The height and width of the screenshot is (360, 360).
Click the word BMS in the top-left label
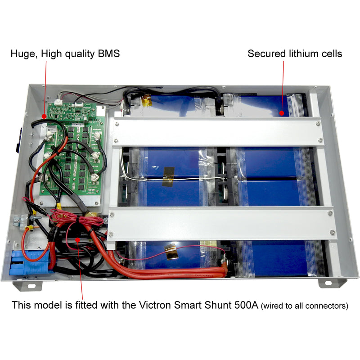pyautogui.click(x=109, y=54)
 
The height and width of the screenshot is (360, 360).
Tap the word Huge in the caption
pyautogui.click(x=23, y=54)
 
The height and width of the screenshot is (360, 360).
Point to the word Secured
pyautogui.click(x=266, y=54)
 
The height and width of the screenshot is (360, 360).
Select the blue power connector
pyautogui.click(x=29, y=262)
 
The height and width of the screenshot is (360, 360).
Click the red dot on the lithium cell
pyautogui.click(x=282, y=113)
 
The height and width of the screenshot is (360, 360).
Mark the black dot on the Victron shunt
pyautogui.click(x=77, y=240)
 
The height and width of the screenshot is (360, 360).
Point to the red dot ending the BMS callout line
pyautogui.click(x=44, y=116)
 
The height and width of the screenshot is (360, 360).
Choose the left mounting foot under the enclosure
pyautogui.click(x=28, y=286)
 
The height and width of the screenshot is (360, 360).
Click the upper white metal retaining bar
pyautogui.click(x=218, y=132)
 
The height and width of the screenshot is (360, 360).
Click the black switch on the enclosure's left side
pyautogui.click(x=18, y=140)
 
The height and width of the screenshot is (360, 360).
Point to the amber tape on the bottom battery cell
pyautogui.click(x=171, y=252)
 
